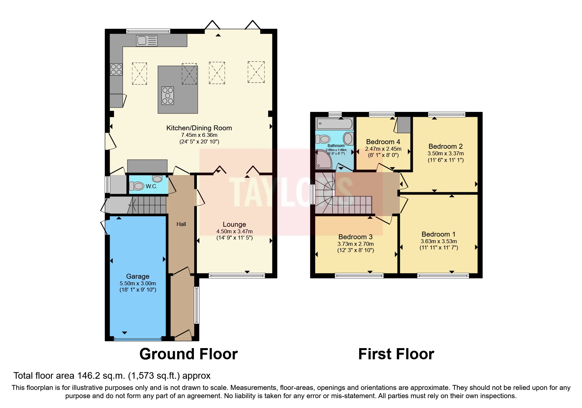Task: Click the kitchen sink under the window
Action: [x=147, y=41]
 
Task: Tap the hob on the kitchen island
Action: [x=168, y=95]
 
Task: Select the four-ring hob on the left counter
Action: [x=116, y=69]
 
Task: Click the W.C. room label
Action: [x=151, y=187]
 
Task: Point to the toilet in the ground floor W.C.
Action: [x=137, y=186]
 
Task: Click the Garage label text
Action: [x=138, y=276]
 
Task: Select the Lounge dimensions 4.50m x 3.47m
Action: [x=234, y=231]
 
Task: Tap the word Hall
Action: [x=181, y=224]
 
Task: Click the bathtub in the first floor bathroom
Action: [x=334, y=124]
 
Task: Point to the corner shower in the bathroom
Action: [x=323, y=160]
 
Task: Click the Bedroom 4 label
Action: [x=383, y=142]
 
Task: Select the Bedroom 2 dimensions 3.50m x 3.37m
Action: [x=445, y=153]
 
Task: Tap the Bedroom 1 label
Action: [x=438, y=234]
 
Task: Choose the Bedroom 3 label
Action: [x=355, y=237]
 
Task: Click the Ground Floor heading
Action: [x=188, y=354]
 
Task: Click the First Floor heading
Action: [x=396, y=354]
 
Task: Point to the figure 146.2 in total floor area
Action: [x=88, y=376]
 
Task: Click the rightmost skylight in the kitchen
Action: [x=256, y=72]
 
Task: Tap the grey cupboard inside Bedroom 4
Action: [x=404, y=125]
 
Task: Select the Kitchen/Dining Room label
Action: [x=199, y=128]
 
